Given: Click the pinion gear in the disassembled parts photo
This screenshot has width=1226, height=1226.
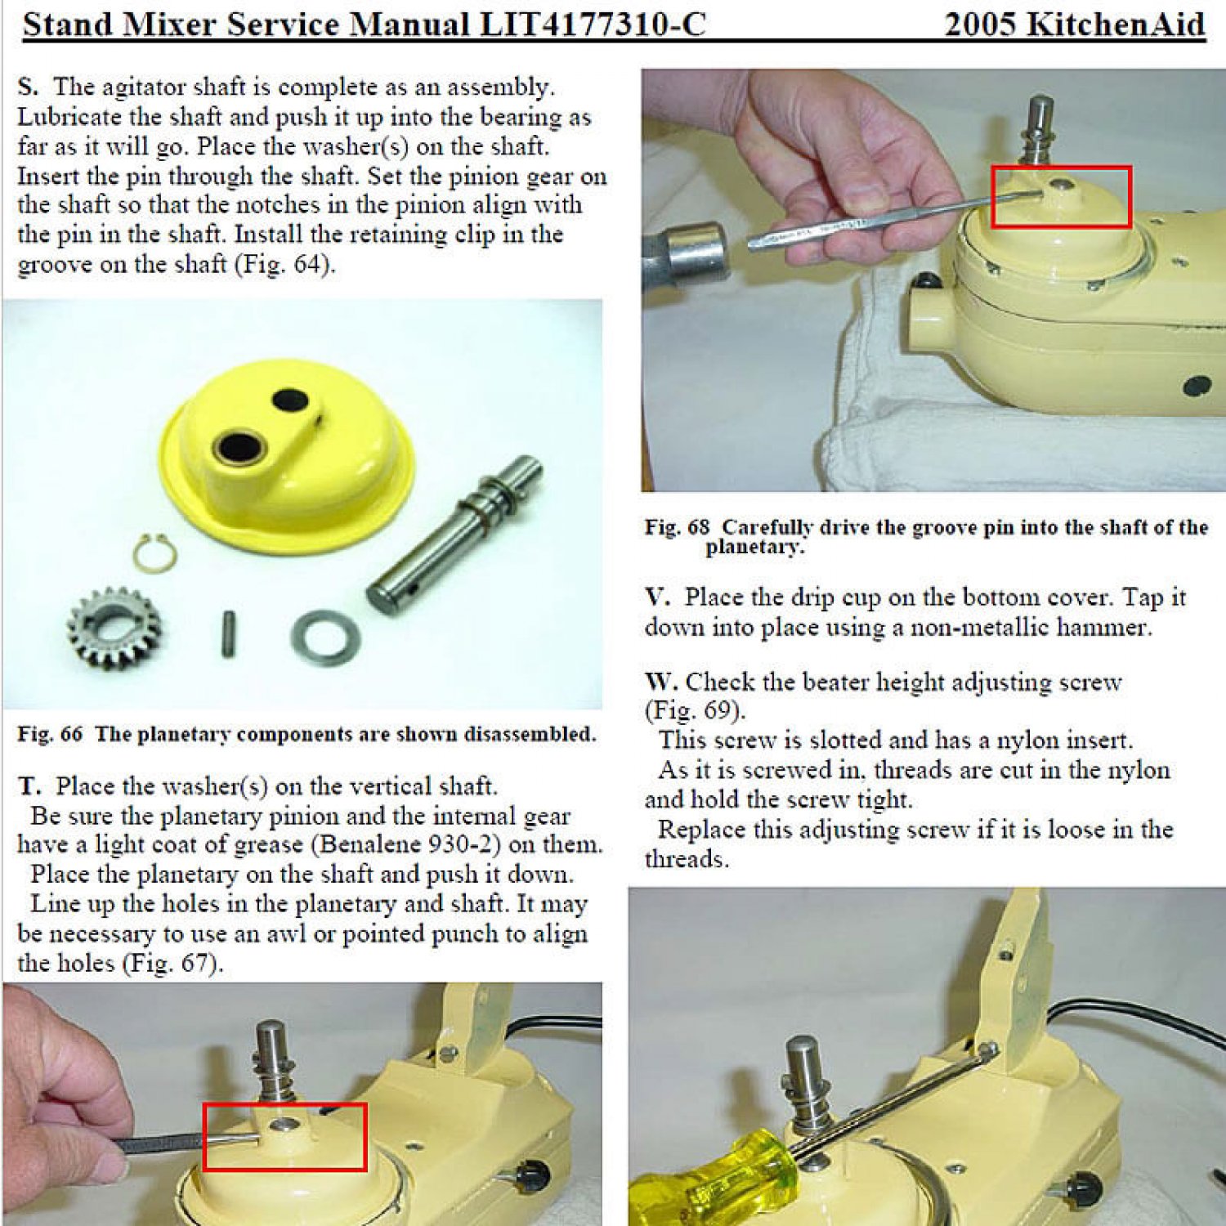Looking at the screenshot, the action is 114,629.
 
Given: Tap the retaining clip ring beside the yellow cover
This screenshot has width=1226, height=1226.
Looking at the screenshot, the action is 154,553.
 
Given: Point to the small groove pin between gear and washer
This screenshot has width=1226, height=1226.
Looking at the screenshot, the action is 230,634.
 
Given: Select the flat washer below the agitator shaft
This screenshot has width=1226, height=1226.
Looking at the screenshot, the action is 325,638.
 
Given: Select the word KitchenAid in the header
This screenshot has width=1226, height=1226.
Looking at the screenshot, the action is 1116,25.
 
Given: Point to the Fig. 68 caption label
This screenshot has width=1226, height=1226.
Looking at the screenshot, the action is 677,527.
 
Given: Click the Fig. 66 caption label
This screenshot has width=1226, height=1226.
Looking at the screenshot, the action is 50,734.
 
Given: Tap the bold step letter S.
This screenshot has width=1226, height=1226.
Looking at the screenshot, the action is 28,87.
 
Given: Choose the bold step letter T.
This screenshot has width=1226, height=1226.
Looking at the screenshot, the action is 29,786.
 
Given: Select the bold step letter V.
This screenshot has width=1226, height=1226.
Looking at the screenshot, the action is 657,597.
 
